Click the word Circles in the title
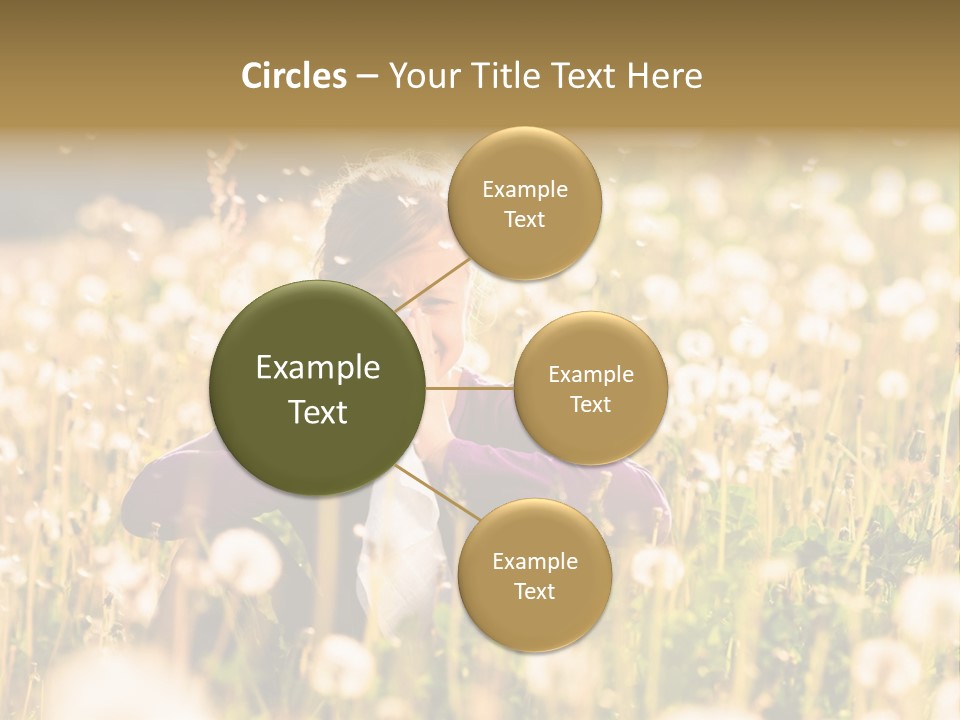pos(294,76)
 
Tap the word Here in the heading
pos(664,76)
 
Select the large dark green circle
pos(318,388)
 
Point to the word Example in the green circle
pos(318,368)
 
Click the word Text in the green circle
pos(318,412)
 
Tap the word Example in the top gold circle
pos(524,190)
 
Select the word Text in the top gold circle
pos(524,220)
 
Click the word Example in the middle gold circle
pos(590,375)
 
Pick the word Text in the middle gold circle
pos(590,405)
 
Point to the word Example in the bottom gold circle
pos(534,562)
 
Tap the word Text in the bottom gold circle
pos(534,592)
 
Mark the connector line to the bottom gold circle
pos(432,494)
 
